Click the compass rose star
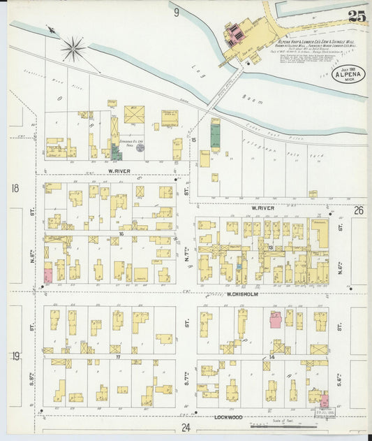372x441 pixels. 73,49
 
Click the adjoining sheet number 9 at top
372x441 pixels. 177,11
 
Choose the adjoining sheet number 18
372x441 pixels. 15,188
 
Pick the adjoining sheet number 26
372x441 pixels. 359,210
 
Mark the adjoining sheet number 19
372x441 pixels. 15,356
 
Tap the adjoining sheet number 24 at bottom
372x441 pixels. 185,427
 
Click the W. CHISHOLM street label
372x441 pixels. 242,294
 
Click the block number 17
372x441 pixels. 119,357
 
